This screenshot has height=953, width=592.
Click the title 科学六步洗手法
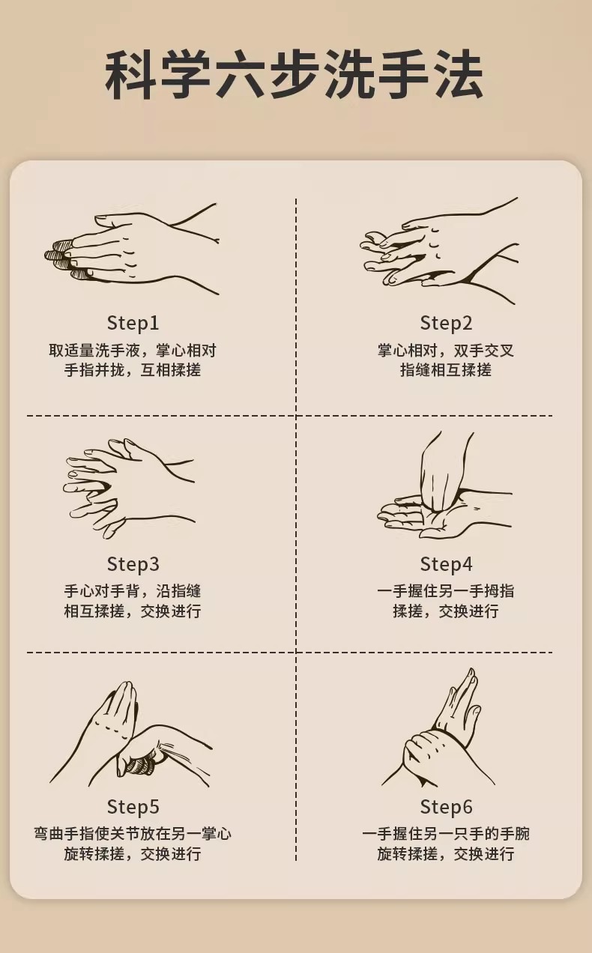(x=294, y=75)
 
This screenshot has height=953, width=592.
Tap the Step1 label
(x=133, y=323)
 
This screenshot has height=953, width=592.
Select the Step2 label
(x=446, y=323)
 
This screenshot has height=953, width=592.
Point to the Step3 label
(x=133, y=564)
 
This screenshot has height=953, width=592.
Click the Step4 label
(x=446, y=564)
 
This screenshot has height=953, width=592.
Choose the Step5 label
(x=133, y=806)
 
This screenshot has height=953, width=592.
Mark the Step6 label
(x=446, y=806)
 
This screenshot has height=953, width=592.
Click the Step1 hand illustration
(x=132, y=249)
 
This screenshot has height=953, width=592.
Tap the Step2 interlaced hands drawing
(x=439, y=250)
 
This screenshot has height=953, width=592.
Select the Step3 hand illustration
(x=129, y=488)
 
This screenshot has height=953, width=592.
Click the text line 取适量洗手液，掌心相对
(x=133, y=351)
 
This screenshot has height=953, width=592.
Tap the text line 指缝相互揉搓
(x=446, y=369)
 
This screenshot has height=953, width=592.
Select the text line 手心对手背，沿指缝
(x=133, y=591)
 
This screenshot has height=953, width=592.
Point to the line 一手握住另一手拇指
(x=446, y=591)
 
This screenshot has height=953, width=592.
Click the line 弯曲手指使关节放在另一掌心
(x=133, y=834)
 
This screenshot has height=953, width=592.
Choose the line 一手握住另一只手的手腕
(x=446, y=834)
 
